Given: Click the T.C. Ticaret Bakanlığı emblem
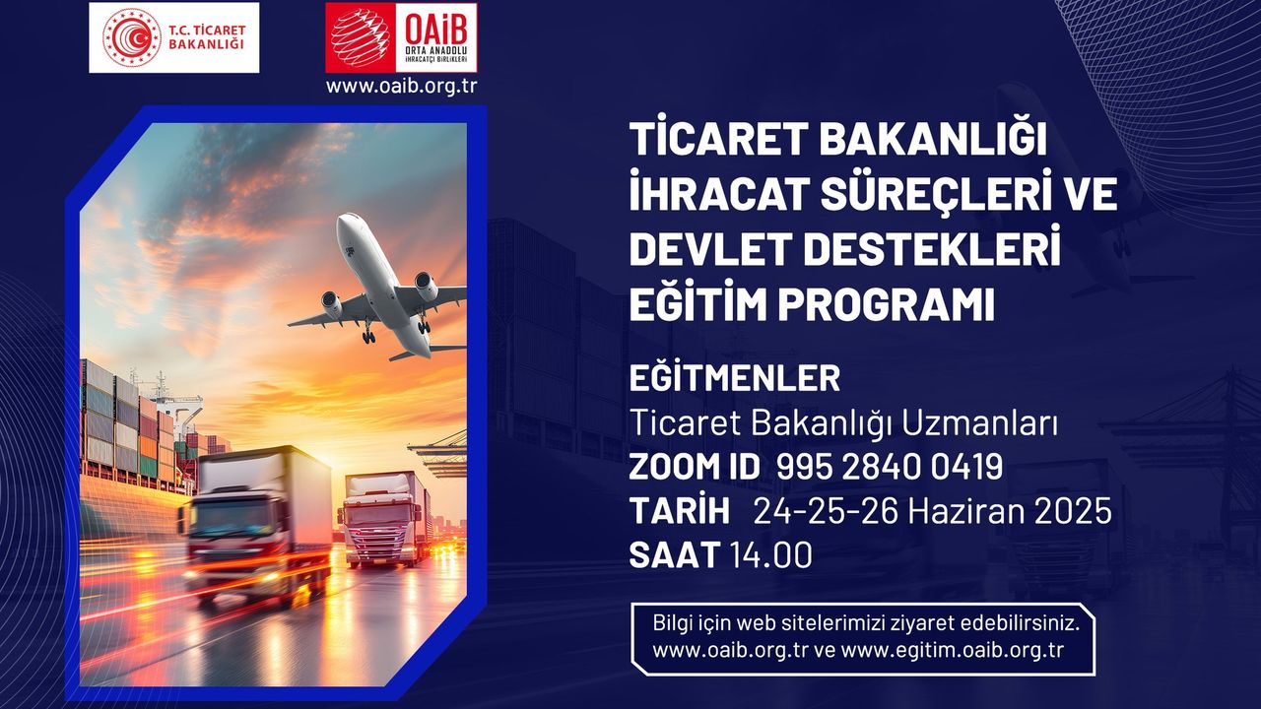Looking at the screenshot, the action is (x=131, y=37).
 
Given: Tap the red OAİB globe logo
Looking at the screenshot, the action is (x=361, y=37).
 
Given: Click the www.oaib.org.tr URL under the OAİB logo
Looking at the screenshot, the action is (x=401, y=86).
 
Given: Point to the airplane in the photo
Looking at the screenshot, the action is (x=377, y=287).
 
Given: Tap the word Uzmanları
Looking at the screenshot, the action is (x=979, y=423).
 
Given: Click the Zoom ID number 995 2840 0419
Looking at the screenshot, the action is (x=890, y=467).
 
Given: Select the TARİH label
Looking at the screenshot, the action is (x=679, y=511).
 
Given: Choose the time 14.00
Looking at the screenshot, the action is (x=771, y=555).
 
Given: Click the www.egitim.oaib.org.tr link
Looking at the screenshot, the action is (x=952, y=651).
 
